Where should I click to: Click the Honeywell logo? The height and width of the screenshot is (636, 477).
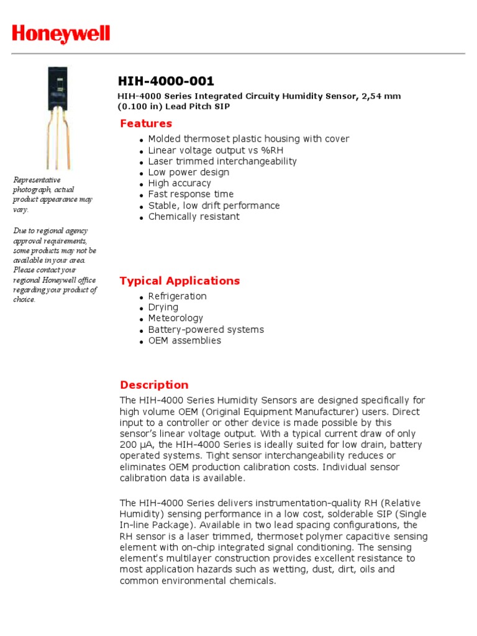pos(61,34)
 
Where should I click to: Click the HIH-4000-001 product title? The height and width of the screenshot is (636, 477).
pos(166,81)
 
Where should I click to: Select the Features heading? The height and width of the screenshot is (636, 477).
pos(146,123)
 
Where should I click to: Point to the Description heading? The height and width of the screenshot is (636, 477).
pos(154,384)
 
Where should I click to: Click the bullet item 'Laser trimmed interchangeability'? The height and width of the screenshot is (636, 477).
pos(222,161)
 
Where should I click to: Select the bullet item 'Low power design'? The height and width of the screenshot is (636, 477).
pos(188,172)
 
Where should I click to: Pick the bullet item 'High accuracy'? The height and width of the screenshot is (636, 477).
pos(179,183)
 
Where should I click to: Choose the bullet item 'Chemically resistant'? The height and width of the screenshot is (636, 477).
pos(193,217)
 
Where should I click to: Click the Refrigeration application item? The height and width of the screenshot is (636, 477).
pos(177,296)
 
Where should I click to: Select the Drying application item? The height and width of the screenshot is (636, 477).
pos(163,307)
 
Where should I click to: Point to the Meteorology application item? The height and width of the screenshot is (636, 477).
pos(175,318)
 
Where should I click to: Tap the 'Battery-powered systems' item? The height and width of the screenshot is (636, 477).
pos(206,330)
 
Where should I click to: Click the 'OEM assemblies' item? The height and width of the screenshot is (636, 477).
pos(184,340)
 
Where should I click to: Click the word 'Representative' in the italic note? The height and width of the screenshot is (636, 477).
pos(37,180)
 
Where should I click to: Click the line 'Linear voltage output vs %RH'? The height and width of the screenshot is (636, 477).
pos(216,150)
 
